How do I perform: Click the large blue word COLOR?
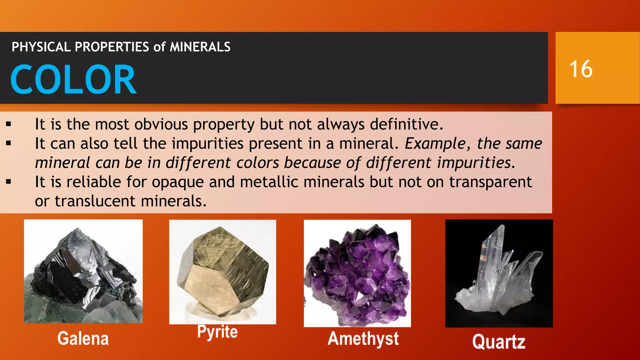(73, 79)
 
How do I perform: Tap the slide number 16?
(581, 69)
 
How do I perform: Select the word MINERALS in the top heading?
(200, 47)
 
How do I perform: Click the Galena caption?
(83, 338)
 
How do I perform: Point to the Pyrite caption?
(217, 332)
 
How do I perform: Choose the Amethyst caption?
(363, 339)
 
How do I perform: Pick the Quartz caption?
(499, 342)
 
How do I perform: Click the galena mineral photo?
(83, 271)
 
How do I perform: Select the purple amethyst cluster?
(357, 273)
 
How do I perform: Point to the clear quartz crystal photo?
(499, 273)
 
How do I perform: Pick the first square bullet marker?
(8, 124)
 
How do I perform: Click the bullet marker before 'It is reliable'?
(8, 182)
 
